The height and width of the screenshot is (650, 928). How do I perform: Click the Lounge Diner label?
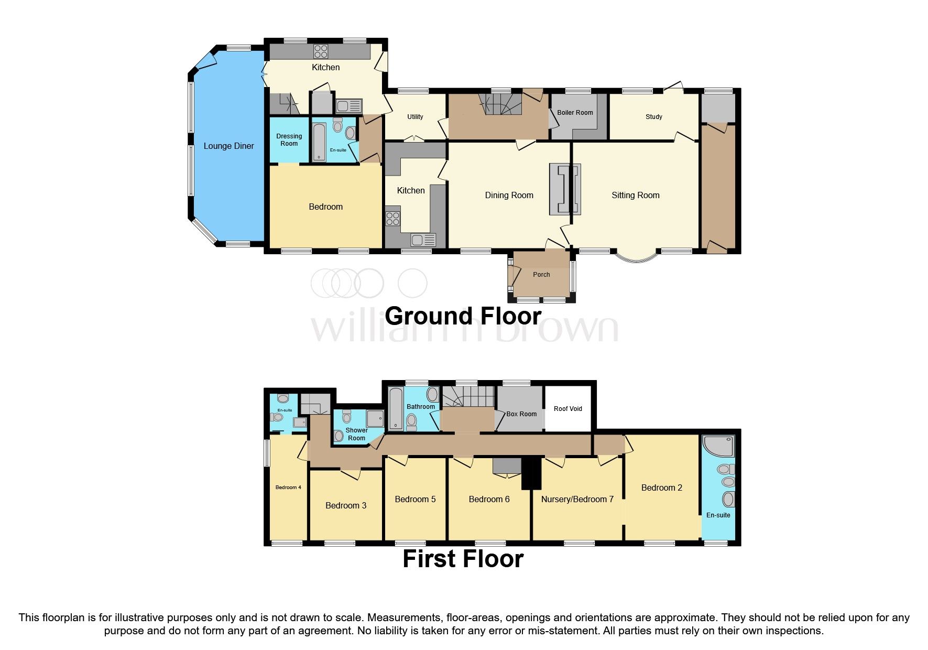(x=228, y=146)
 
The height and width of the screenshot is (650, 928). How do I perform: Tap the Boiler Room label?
(x=575, y=113)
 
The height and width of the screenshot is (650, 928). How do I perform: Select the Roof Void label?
(x=568, y=409)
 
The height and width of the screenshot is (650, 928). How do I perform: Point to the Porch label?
(x=541, y=275)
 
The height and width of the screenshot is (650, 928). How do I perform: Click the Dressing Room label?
(x=289, y=140)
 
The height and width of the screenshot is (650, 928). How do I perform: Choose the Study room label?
(x=654, y=117)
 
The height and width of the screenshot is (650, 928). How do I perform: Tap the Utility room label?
(x=415, y=117)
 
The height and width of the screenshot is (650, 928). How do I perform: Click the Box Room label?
(x=521, y=414)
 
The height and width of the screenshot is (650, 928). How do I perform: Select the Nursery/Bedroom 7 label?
(x=577, y=500)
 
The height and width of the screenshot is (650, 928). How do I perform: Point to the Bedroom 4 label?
(x=288, y=487)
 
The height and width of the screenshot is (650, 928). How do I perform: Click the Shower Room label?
(x=356, y=434)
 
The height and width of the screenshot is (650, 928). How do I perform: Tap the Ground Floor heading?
(x=463, y=316)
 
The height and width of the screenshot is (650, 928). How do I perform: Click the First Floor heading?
(x=463, y=559)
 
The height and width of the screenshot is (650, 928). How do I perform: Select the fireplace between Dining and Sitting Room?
(x=565, y=189)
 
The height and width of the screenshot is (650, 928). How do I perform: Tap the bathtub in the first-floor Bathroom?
(x=396, y=409)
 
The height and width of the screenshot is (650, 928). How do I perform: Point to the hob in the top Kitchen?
(x=321, y=51)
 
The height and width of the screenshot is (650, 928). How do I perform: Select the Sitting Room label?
(x=636, y=196)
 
